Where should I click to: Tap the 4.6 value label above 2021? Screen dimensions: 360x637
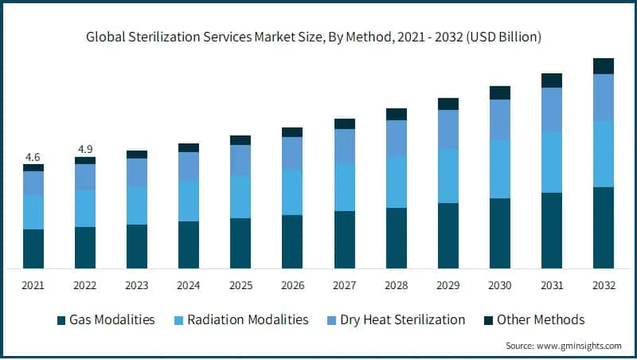tap(33, 157)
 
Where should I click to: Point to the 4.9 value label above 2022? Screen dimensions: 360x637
tap(85, 149)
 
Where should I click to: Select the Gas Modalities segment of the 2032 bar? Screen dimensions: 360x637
tap(604, 228)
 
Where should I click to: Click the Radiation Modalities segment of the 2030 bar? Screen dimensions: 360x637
tap(500, 169)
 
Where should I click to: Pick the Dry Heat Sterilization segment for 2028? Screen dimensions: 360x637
tap(397, 138)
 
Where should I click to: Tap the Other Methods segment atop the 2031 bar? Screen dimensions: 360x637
tap(552, 80)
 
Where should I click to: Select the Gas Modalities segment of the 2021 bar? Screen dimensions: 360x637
tap(33, 248)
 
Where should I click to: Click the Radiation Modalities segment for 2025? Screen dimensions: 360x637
tap(240, 197)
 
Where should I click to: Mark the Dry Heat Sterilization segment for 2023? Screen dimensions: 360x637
tap(137, 172)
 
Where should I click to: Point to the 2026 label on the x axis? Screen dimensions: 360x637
tap(292, 284)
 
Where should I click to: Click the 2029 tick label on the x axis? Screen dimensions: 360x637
tap(448, 284)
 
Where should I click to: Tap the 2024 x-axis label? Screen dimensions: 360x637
tap(189, 284)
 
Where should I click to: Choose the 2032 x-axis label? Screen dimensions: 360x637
tap(604, 284)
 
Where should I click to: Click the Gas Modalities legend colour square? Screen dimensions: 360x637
tap(61, 320)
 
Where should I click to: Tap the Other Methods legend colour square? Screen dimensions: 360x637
tap(487, 320)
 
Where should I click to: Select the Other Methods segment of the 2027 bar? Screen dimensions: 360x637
tap(345, 123)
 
